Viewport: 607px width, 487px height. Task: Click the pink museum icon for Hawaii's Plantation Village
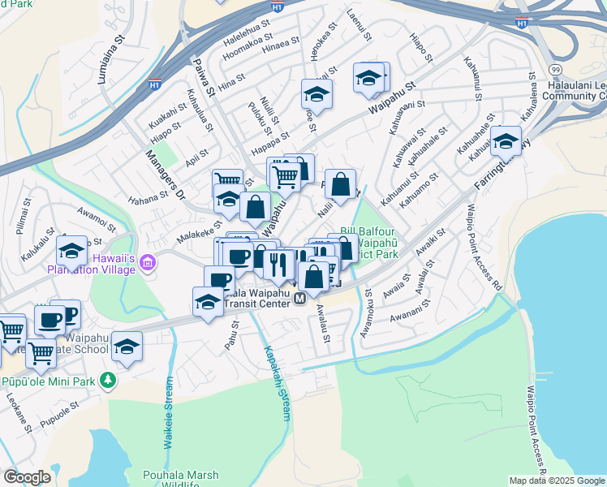147,262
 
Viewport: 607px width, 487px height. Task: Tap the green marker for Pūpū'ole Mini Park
108,380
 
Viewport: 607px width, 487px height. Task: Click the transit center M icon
299,300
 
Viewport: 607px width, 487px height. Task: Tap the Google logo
27,477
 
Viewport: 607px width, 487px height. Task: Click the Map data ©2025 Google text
557,481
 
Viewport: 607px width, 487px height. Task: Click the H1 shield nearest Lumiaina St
154,83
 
